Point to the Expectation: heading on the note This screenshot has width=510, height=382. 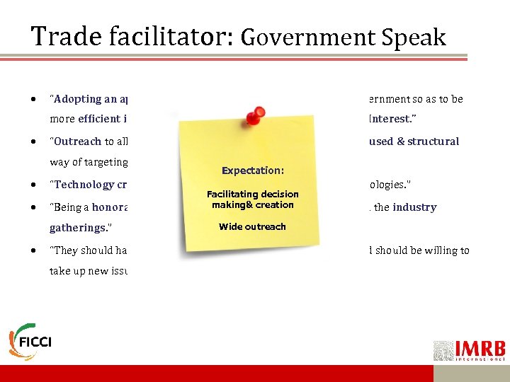tap(253, 170)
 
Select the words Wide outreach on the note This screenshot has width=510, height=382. tap(253, 226)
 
